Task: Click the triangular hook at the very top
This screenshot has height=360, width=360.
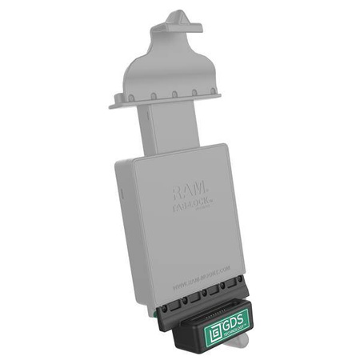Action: [177, 22]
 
